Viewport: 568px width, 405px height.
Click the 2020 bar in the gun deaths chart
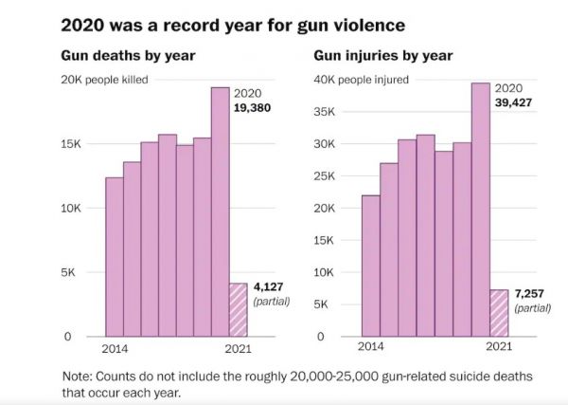pos(220,212)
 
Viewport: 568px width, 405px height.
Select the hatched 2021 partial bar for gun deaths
pos(238,309)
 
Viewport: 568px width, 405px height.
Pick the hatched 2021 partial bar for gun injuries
pos(498,313)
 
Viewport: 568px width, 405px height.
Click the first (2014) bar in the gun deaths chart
pos(114,256)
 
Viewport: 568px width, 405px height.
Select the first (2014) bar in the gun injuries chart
pos(371,266)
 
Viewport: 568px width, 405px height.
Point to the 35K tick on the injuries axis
pos(325,111)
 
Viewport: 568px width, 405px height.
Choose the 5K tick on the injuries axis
pos(328,304)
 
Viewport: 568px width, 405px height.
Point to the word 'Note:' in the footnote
pos(79,376)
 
